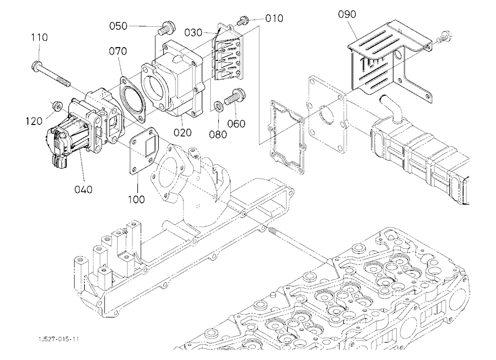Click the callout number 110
tap(39, 37)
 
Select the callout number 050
tap(119, 26)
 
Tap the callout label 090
tap(347, 14)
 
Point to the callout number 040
tap(83, 189)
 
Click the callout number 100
tap(136, 199)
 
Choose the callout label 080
tap(218, 134)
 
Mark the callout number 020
tap(183, 132)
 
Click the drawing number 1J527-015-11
tap(58, 340)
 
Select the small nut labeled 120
tap(57, 105)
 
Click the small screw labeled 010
tap(243, 20)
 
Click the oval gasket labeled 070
tap(133, 99)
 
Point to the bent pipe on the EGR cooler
tap(390, 108)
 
